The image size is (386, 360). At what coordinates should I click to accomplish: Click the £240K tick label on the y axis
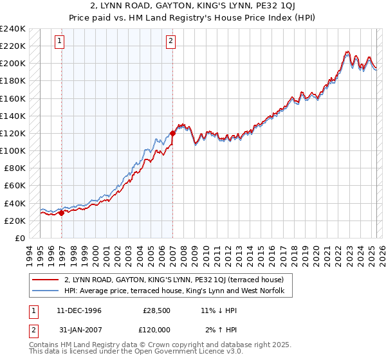[x=13, y=29]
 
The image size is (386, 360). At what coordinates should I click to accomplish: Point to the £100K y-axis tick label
[x=13, y=150]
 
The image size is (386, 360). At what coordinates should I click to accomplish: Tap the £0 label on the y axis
[x=20, y=238]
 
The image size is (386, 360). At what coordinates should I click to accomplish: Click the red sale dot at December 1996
[x=62, y=213]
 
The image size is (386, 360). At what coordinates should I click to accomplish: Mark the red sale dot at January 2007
[x=172, y=134]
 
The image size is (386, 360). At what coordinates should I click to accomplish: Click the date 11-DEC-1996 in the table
[x=79, y=310]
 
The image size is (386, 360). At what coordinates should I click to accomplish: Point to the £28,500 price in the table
[x=156, y=310]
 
